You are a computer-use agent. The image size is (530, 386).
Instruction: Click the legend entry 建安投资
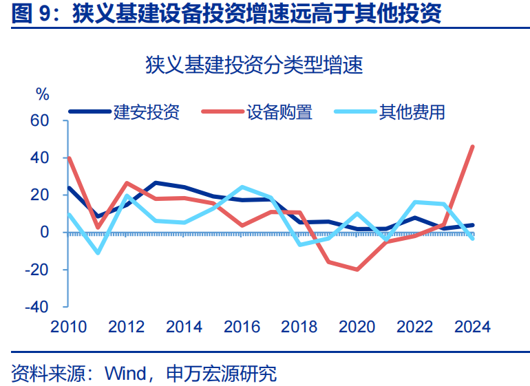coord(146,111)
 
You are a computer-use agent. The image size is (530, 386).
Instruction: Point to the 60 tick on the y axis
coord(39,121)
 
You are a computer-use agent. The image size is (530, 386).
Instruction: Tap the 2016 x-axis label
coord(242,326)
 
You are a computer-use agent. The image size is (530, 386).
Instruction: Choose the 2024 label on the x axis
coord(472,326)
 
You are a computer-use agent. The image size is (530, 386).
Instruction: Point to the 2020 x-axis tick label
coord(357,326)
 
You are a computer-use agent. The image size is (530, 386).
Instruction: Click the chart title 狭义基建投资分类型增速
coord(254,65)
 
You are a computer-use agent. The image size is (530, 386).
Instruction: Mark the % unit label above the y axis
coord(43,94)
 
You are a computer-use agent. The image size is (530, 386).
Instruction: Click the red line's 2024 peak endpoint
coord(472,147)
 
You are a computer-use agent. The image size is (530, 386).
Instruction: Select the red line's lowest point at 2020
coord(357,269)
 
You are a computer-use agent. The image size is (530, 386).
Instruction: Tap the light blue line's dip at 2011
coord(98,253)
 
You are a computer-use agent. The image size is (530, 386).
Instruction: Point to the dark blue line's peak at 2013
coord(156,183)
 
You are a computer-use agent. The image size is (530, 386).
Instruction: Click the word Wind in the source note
coord(125,374)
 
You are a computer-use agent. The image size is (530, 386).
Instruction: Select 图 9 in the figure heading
coord(34,13)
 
